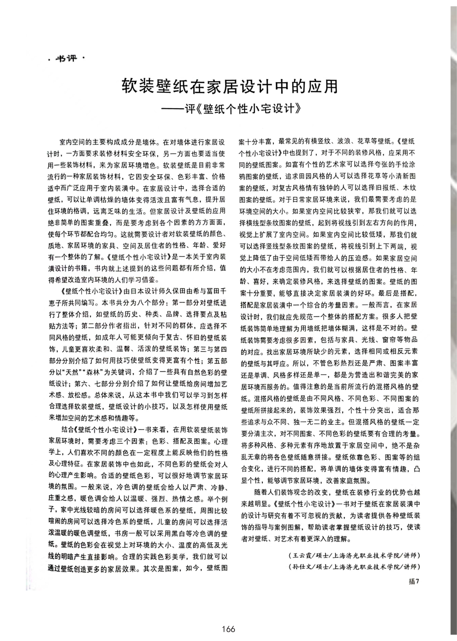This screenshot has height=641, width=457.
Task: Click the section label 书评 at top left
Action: coord(66,59)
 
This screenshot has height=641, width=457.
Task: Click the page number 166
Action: coord(228,629)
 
